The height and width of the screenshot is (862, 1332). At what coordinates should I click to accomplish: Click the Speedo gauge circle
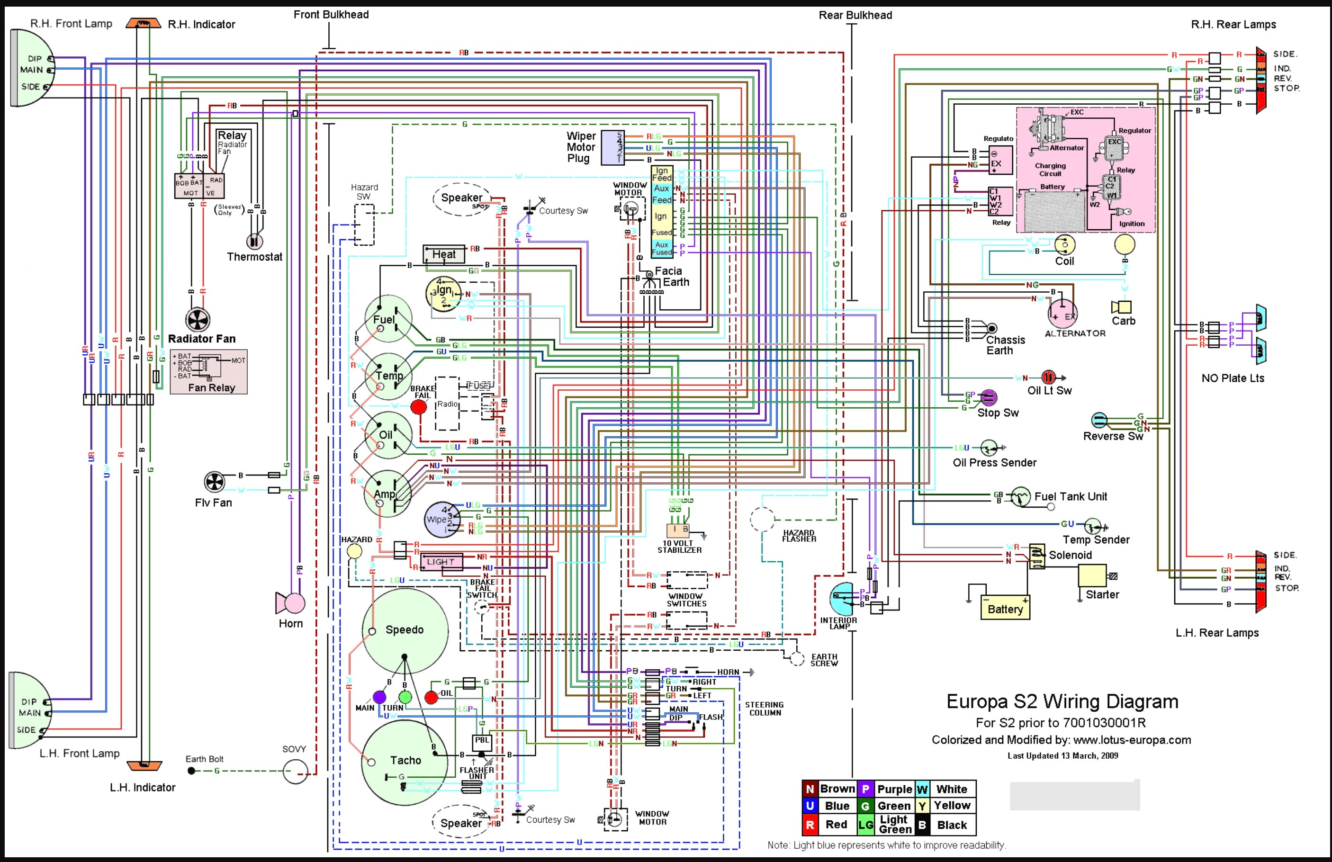coord(405,630)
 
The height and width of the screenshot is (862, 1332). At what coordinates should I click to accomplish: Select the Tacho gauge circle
coord(404,762)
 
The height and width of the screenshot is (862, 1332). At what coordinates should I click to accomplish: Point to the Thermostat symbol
coord(255,241)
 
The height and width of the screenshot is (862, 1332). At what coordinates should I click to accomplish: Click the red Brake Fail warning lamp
coord(419,407)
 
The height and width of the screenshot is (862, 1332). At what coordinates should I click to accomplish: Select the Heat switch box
coord(444,255)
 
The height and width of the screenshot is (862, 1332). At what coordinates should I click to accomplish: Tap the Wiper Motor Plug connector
coord(612,148)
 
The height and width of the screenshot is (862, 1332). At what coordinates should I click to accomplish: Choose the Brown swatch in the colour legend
coord(810,789)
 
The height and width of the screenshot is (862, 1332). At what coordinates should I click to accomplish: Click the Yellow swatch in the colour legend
coord(922,806)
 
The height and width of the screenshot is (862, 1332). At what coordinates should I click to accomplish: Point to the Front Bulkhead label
coord(331,15)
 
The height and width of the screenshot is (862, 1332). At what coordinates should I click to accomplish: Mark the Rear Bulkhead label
coord(855,15)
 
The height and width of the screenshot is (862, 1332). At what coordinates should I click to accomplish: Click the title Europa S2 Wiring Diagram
coord(1062,701)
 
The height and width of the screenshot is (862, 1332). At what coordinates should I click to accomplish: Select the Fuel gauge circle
coord(388,319)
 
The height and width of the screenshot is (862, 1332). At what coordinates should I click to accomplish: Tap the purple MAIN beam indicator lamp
coord(379,697)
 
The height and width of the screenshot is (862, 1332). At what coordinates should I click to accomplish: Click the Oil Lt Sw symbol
coord(1048,377)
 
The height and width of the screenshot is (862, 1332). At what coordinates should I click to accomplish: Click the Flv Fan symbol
coord(215,482)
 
